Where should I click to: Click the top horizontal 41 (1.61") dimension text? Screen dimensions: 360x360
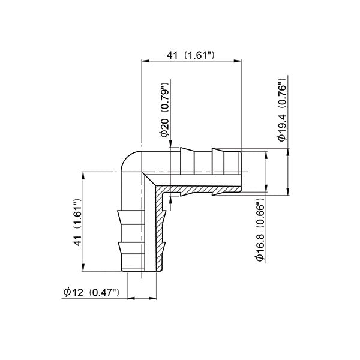[x=191, y=55]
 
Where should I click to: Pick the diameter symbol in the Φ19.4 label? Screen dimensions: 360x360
[x=283, y=137]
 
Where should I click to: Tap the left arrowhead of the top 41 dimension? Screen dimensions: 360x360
[x=143, y=61]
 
